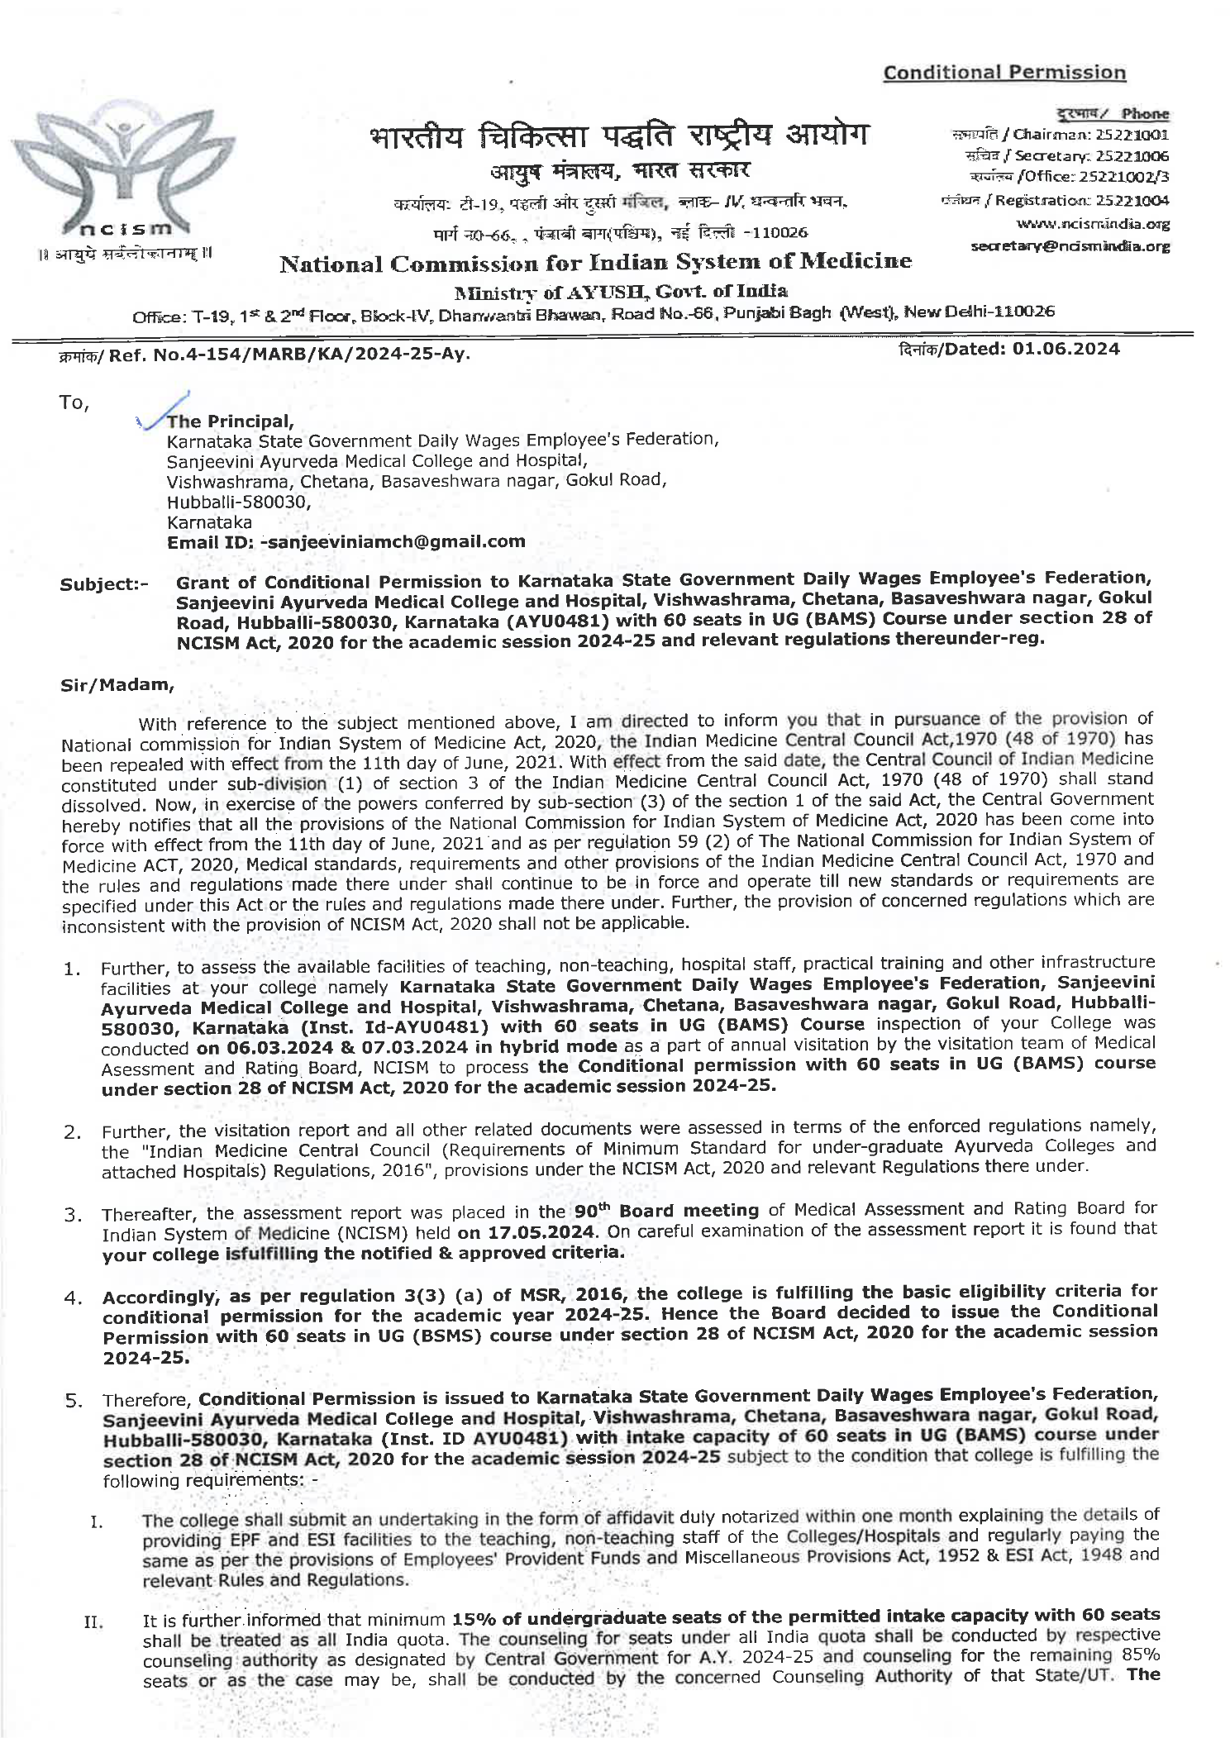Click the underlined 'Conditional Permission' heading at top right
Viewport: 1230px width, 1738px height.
[x=1004, y=73]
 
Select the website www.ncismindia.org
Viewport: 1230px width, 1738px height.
[x=1093, y=224]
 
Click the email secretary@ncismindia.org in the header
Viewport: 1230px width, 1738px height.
[x=1070, y=246]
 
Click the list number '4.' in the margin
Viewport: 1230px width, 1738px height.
[x=73, y=1298]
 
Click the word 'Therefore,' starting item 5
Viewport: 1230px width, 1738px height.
[x=147, y=1400]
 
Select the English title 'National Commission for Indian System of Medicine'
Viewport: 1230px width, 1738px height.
[x=595, y=264]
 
